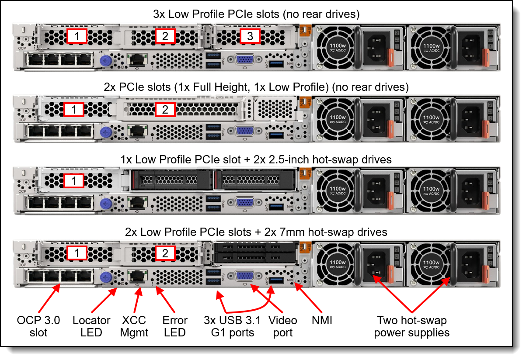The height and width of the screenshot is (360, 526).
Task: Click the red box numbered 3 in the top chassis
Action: (250, 36)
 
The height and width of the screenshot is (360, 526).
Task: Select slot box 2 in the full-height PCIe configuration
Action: (165, 110)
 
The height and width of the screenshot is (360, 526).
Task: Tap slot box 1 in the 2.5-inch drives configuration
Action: (74, 181)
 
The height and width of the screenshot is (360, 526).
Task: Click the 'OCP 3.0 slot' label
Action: (38, 326)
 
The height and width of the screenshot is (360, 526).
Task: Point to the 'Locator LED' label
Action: (91, 326)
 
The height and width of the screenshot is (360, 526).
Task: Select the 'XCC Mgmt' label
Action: (134, 326)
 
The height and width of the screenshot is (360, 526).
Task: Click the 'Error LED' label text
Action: (175, 326)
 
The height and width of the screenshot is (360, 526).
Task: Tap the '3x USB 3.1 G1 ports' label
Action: (232, 326)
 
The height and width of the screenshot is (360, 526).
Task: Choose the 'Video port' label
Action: (283, 326)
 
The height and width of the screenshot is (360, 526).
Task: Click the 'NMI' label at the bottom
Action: (322, 320)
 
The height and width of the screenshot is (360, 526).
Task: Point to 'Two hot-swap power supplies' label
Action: (411, 326)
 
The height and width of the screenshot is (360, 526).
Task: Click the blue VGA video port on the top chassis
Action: (245, 59)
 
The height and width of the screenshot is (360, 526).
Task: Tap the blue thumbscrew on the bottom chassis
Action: (106, 277)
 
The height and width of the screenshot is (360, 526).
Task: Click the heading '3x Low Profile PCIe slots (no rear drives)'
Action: (256, 14)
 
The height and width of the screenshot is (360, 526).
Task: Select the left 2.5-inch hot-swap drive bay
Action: (172, 180)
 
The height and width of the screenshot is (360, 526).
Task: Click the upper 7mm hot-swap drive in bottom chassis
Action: (255, 248)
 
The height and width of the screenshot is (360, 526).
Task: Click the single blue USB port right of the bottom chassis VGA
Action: (276, 280)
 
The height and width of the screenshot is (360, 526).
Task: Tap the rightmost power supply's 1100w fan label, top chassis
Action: (431, 48)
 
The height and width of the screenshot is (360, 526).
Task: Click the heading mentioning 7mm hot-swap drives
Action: (256, 232)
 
